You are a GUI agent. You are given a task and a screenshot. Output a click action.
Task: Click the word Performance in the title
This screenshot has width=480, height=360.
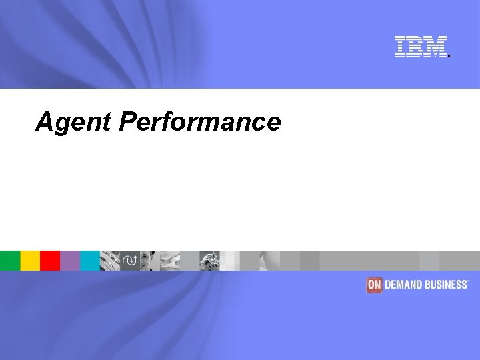click(200, 123)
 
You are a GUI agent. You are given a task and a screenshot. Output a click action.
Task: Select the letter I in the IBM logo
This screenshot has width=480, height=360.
click(401, 46)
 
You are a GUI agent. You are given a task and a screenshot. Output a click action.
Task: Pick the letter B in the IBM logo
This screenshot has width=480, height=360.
click(414, 46)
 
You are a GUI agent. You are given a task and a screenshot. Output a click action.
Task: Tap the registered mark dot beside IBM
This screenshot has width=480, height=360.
click(450, 56)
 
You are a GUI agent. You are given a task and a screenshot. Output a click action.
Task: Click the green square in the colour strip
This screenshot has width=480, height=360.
click(10, 260)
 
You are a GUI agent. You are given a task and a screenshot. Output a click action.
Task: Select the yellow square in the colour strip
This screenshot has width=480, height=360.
click(30, 260)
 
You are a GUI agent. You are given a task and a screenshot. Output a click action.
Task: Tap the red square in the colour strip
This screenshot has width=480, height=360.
click(50, 260)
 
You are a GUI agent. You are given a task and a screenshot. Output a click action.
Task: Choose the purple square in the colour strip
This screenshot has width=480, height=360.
click(70, 260)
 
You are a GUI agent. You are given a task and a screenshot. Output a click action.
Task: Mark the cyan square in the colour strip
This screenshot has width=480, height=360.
click(90, 260)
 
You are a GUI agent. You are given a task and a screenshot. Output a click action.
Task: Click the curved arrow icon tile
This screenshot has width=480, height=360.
click(130, 260)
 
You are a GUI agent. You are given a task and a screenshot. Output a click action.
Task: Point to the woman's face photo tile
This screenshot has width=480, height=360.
click(150, 260)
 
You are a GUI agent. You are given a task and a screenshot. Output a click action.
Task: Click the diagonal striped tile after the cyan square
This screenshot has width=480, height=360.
click(109, 260)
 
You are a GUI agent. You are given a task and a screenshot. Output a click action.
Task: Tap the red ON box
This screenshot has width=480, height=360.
click(374, 285)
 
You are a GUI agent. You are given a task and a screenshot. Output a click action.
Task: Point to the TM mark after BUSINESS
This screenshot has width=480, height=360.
click(469, 281)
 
